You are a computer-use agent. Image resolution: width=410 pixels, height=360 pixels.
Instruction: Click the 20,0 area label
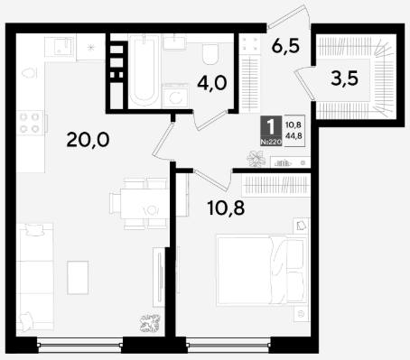pyautogui.click(x=88, y=140)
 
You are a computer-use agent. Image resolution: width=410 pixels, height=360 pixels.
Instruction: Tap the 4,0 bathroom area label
pyautogui.click(x=211, y=83)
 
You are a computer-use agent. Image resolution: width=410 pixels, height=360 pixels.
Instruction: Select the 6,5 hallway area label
pyautogui.click(x=285, y=46)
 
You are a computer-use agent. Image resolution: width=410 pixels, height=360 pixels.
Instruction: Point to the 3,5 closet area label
pyautogui.click(x=344, y=78)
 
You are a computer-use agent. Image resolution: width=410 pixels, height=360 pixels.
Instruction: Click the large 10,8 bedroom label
pyautogui.click(x=226, y=208)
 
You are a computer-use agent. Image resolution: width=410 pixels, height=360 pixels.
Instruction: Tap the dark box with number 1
pyautogui.click(x=271, y=131)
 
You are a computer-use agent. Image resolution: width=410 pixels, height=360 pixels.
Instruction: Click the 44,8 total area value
pyautogui.click(x=294, y=136)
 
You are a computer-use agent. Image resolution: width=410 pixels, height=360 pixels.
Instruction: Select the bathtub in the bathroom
pyautogui.click(x=144, y=70)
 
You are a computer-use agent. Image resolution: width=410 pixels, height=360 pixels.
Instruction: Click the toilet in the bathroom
pyautogui.click(x=210, y=54)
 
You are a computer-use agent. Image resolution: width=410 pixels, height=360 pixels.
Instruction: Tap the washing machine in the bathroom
pyautogui.click(x=175, y=96)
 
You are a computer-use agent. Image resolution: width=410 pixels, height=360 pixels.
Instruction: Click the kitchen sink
pyautogui.click(x=60, y=47)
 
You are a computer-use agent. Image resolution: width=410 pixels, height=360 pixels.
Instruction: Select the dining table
pyautogui.click(x=144, y=203)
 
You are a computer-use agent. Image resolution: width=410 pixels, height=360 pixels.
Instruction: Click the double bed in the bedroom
pyautogui.click(x=261, y=271)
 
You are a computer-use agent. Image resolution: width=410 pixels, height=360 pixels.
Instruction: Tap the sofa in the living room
pyautogui.click(x=34, y=277)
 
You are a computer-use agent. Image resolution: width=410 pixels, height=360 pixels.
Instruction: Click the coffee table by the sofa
pyautogui.click(x=78, y=277)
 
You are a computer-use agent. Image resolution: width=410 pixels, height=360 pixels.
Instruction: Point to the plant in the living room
pyautogui.click(x=150, y=323)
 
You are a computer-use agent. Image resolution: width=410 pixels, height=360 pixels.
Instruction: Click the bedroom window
pyautogui.click(x=228, y=345)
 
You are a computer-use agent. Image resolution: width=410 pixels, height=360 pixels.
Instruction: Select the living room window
pyautogui.click(x=79, y=345)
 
